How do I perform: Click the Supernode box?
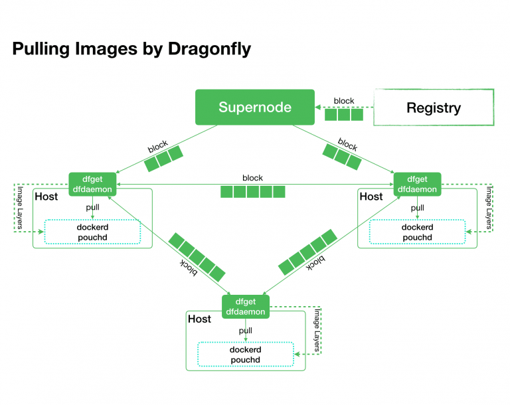(255, 108)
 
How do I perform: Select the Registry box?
(434, 108)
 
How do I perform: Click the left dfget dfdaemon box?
(92, 184)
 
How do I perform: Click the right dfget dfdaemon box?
(417, 184)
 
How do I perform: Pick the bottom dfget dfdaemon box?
(245, 307)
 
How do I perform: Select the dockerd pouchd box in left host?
(92, 232)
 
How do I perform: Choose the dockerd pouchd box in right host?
(417, 232)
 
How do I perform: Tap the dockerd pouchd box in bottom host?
(245, 355)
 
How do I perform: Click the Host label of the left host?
(46, 197)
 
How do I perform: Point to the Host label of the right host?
(371, 197)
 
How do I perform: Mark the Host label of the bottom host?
(199, 319)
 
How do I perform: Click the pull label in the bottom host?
(245, 331)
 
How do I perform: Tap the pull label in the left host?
(92, 208)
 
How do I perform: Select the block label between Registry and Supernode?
(344, 101)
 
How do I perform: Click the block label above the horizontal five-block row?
(252, 178)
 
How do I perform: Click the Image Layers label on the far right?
(489, 207)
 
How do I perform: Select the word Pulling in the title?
(41, 49)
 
